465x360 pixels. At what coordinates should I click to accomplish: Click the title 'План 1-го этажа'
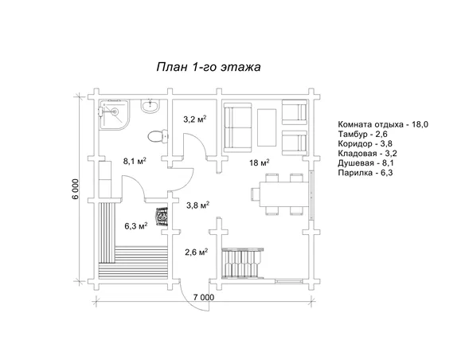(209, 67)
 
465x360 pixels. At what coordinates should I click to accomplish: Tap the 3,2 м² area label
(195, 119)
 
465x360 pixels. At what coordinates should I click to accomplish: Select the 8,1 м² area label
(135, 161)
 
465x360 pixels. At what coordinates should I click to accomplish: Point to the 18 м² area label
(260, 162)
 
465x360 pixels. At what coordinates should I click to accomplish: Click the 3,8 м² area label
(197, 205)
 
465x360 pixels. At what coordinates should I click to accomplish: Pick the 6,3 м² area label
(136, 226)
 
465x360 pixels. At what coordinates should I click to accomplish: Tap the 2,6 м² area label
(196, 252)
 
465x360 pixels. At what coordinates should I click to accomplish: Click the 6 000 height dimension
(76, 190)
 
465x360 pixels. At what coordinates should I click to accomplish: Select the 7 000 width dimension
(204, 297)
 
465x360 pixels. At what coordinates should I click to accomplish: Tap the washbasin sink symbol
(150, 106)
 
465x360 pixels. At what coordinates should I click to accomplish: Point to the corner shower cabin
(114, 114)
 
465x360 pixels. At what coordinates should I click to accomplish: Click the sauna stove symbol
(162, 217)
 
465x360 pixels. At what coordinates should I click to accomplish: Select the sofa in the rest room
(237, 127)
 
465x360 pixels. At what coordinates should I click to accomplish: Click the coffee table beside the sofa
(267, 127)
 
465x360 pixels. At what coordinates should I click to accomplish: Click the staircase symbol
(243, 263)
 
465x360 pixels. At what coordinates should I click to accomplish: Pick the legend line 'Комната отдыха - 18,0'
(383, 124)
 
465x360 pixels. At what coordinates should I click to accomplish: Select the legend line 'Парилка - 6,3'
(365, 173)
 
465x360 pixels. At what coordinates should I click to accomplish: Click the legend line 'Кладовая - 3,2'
(367, 153)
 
